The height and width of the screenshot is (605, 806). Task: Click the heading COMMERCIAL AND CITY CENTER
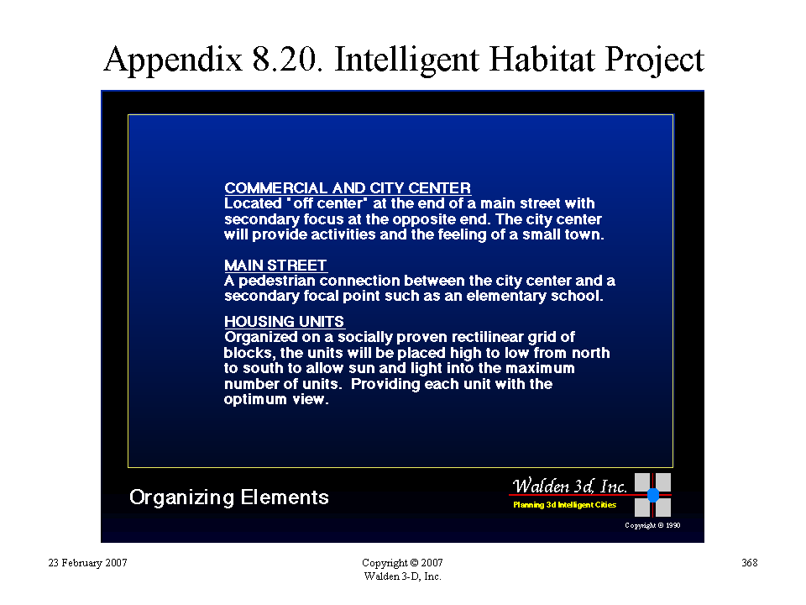(x=348, y=187)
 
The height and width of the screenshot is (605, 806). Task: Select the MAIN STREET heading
(x=275, y=265)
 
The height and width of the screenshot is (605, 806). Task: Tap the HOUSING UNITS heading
(x=285, y=322)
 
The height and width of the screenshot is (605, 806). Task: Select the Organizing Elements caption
(x=228, y=497)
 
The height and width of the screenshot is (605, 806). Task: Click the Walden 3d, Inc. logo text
(x=569, y=486)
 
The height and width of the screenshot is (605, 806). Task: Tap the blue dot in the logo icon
(x=653, y=495)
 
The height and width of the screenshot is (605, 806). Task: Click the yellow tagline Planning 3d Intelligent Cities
(x=564, y=505)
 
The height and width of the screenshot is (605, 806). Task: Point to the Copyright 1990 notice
(x=652, y=525)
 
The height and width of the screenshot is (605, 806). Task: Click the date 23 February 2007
(x=87, y=563)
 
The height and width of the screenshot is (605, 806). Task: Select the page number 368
(x=750, y=563)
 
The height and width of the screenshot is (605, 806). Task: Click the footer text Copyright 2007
(x=402, y=563)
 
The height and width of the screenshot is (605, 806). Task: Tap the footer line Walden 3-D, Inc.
(x=402, y=576)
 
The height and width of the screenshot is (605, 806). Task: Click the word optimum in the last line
(x=255, y=400)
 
